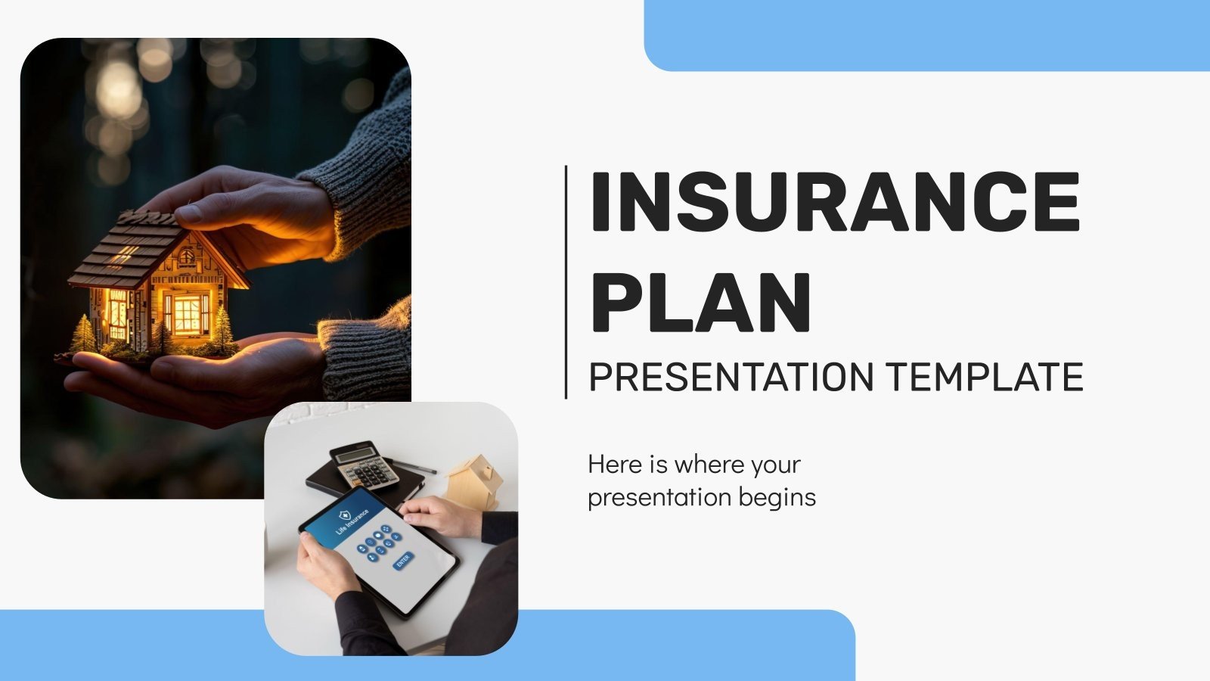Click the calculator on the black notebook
(x=366, y=465)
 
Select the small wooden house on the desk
(x=475, y=481)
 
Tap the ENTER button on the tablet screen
(x=403, y=561)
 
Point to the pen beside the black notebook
(x=414, y=466)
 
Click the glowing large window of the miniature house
(x=188, y=314)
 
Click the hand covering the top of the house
(x=250, y=208)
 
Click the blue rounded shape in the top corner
(x=926, y=34)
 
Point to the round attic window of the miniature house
(x=186, y=256)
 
